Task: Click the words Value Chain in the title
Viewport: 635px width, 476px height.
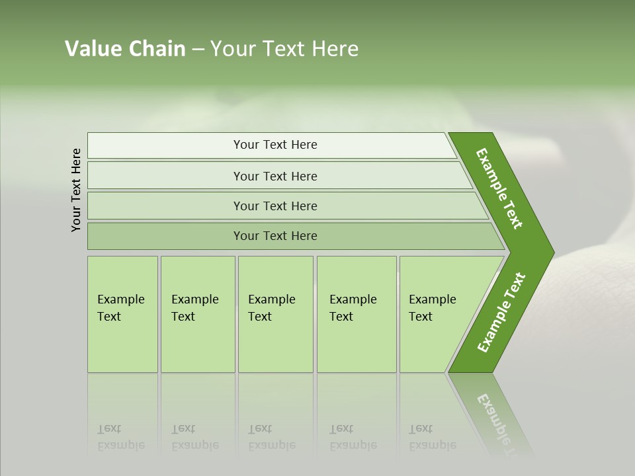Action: coord(125,49)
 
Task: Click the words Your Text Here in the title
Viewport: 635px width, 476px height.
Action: coord(284,49)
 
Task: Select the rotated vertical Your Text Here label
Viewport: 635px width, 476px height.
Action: coord(76,190)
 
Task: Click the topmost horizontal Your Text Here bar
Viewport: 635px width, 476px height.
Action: coord(275,145)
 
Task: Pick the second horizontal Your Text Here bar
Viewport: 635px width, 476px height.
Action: coord(275,176)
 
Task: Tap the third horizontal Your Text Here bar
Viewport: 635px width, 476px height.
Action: coord(275,206)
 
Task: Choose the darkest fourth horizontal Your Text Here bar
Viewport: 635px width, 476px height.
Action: coord(275,236)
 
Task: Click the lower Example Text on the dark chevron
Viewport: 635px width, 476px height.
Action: coord(501,312)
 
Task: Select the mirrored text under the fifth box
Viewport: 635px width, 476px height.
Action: coord(432,437)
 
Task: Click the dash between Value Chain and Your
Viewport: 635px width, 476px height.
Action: coord(198,50)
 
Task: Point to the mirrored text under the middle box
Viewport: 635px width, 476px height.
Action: coord(271,437)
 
